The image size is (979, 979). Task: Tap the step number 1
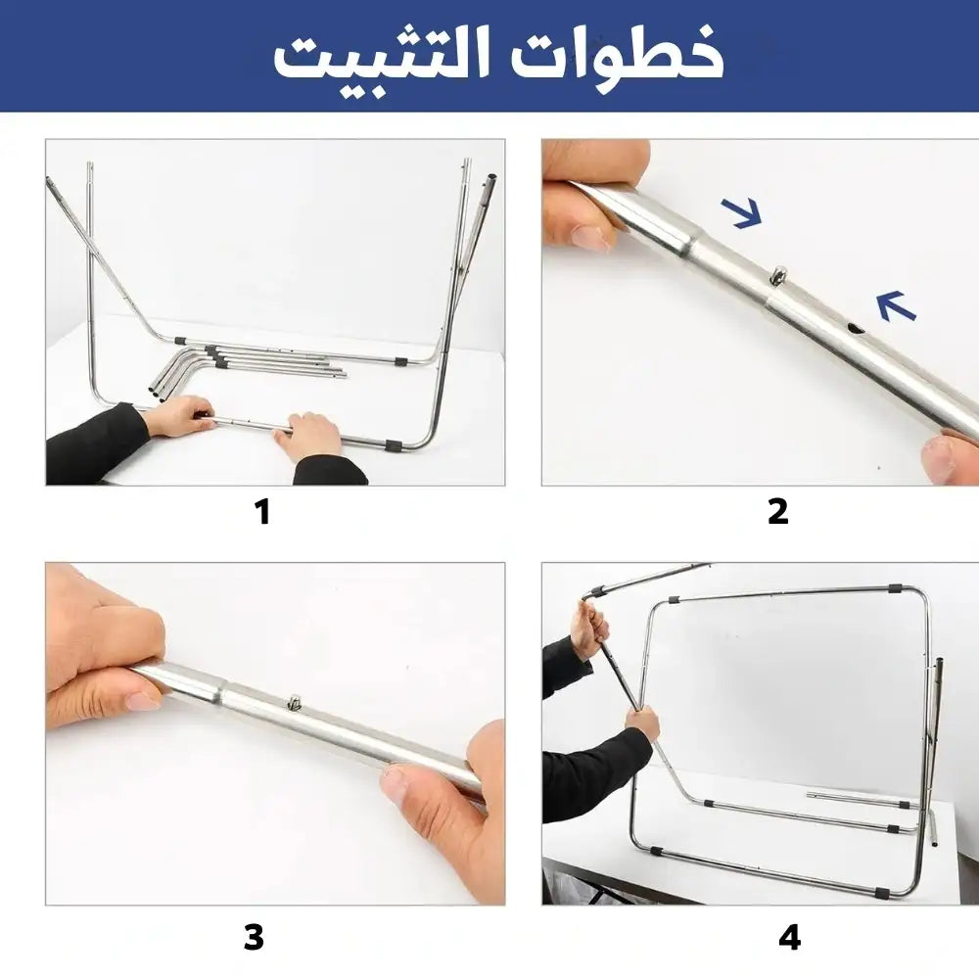(x=262, y=512)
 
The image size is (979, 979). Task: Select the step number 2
(x=778, y=512)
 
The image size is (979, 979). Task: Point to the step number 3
(x=255, y=938)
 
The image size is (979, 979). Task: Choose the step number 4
(x=790, y=938)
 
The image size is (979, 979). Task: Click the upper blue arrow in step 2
(x=742, y=212)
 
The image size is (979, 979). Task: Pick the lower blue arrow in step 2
(x=896, y=305)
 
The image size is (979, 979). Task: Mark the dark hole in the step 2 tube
(x=856, y=328)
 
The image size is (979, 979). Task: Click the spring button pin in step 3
(x=293, y=702)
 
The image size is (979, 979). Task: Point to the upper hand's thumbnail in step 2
(x=590, y=237)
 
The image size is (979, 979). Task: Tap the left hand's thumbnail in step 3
(x=143, y=701)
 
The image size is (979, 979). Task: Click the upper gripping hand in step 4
(x=588, y=628)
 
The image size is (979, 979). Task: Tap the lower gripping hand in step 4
(x=642, y=723)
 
